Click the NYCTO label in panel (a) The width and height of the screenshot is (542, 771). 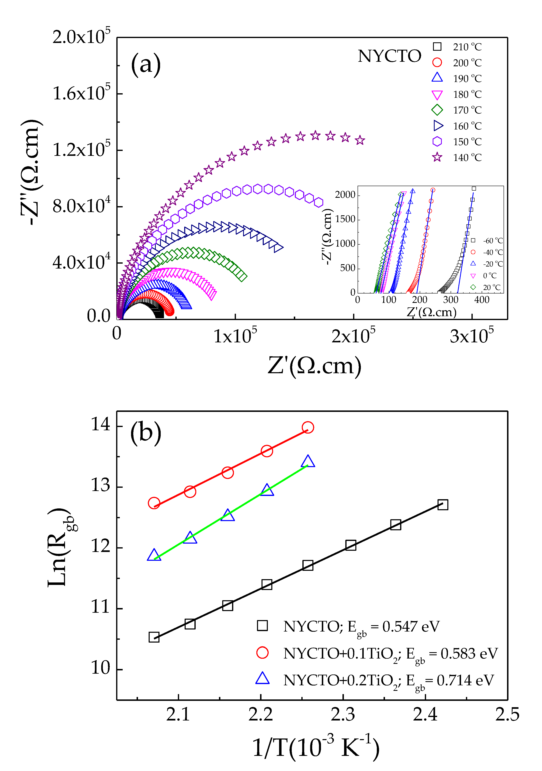[389, 56]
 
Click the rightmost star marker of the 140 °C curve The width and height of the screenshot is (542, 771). [360, 140]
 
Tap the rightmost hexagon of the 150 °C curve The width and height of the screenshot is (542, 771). [319, 202]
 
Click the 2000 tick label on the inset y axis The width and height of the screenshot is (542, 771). [345, 195]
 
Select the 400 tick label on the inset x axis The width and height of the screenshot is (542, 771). [482, 300]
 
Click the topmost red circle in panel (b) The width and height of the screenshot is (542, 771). [308, 427]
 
